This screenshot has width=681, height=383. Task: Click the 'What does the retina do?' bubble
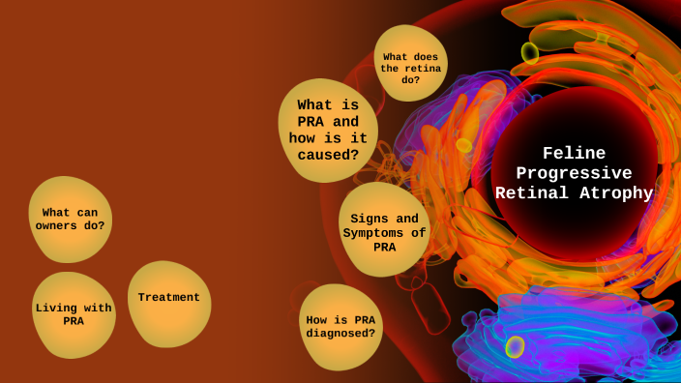tap(411, 64)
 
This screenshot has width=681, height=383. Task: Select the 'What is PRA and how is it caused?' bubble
tap(328, 130)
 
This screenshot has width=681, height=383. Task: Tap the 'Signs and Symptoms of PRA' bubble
tap(385, 232)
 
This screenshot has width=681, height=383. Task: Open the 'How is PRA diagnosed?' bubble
tap(340, 327)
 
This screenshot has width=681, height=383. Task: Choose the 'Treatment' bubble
tap(168, 298)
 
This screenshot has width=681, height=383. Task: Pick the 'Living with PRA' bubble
tap(74, 314)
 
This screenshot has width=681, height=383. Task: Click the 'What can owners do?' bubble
tap(70, 219)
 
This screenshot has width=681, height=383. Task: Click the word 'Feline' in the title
tap(574, 153)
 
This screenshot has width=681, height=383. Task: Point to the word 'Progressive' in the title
tap(574, 173)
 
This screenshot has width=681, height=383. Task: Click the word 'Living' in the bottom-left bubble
tap(55, 308)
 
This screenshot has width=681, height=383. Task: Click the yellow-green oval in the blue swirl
tap(516, 346)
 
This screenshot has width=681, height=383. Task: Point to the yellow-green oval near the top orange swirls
tap(530, 52)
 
